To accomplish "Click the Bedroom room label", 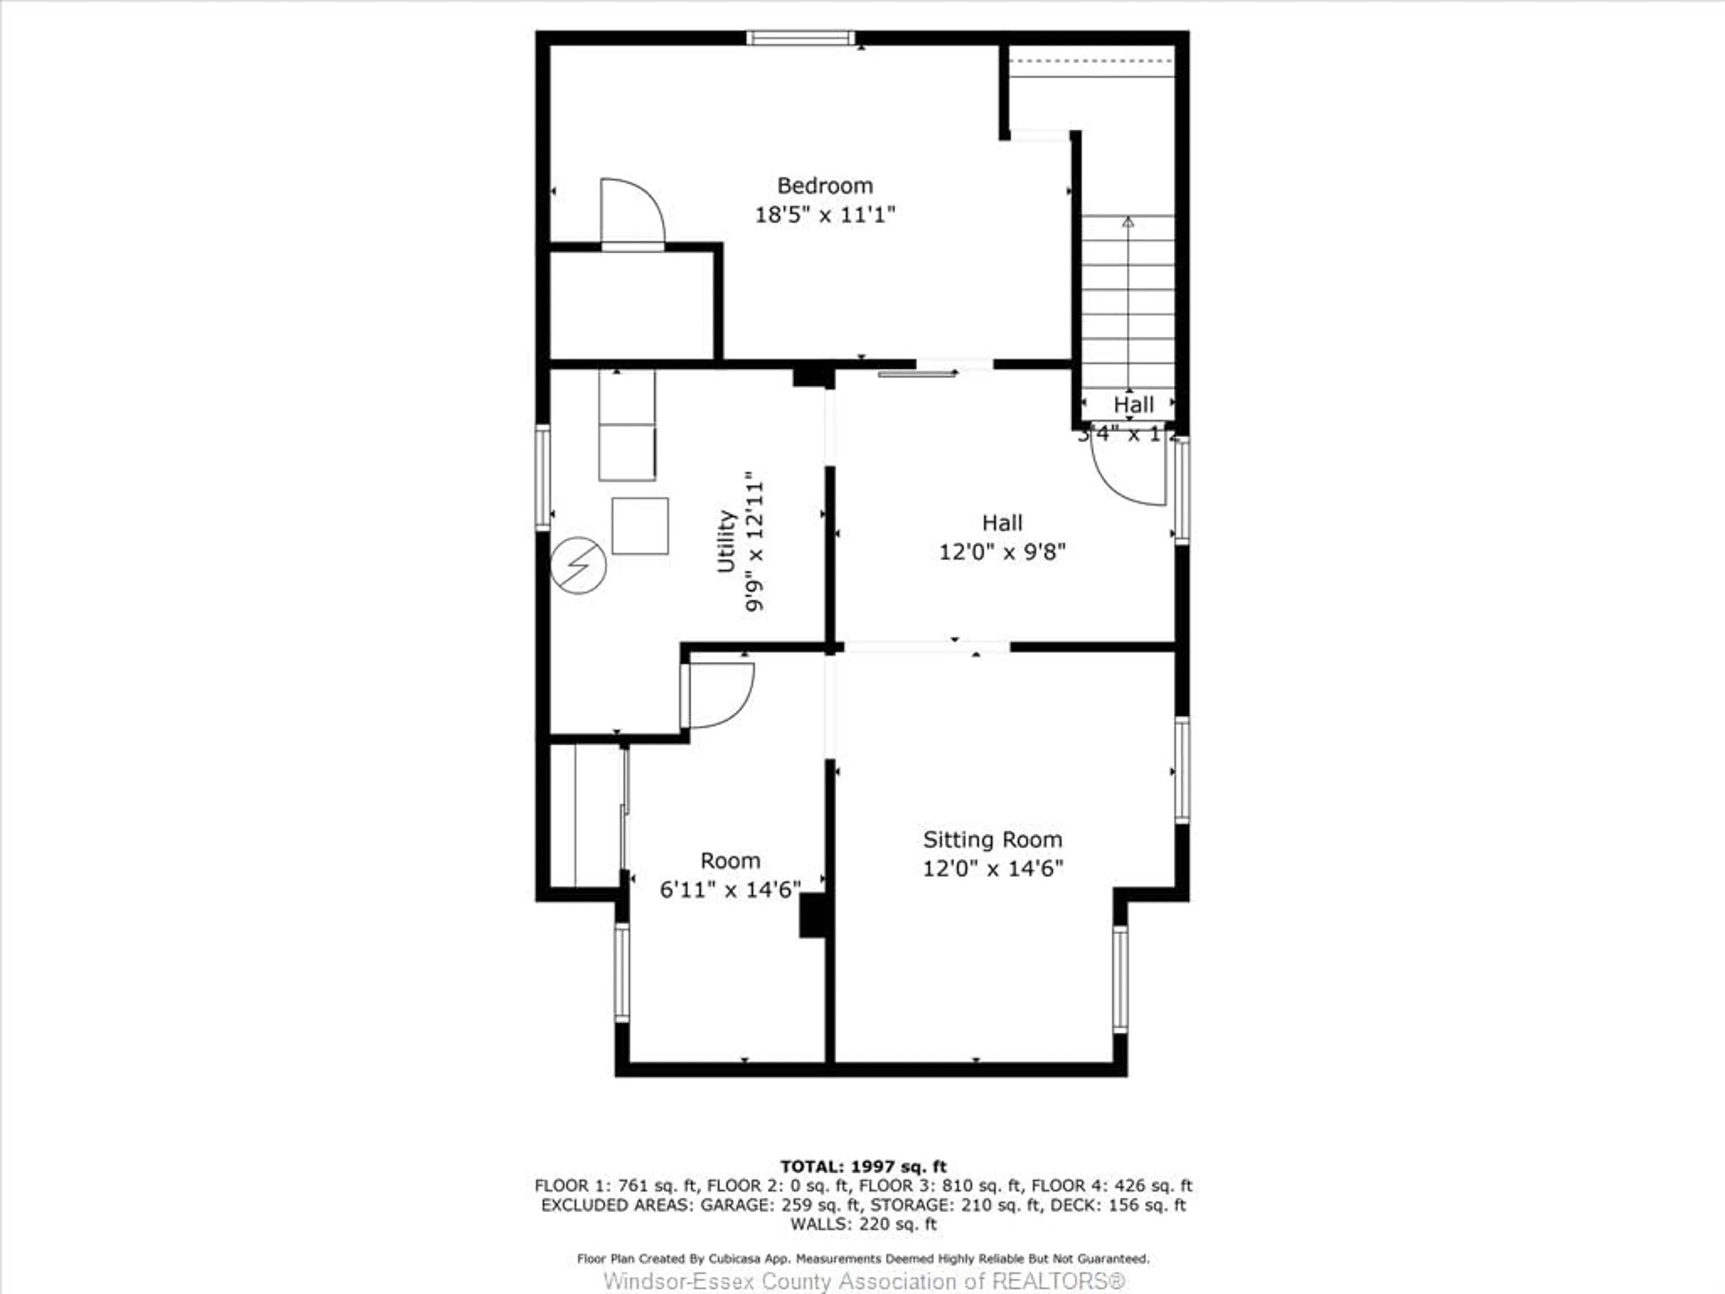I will coord(824,186).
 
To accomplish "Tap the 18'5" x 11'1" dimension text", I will coord(824,214).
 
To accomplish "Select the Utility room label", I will coord(726,541).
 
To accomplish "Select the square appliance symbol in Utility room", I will coord(640,526).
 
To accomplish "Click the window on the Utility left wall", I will coord(543,477).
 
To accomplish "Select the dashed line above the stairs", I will coord(1091,60).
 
